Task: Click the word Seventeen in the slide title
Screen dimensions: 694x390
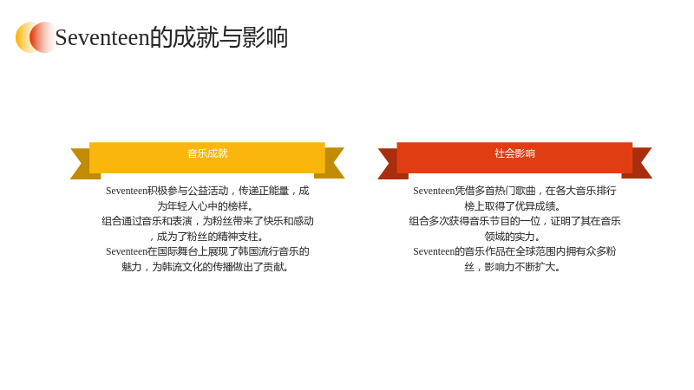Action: [102, 37]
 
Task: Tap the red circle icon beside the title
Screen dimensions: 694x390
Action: [43, 37]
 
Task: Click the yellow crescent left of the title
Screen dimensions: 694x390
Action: [23, 37]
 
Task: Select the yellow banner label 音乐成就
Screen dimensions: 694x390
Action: [207, 153]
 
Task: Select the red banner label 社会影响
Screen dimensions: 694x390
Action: [514, 153]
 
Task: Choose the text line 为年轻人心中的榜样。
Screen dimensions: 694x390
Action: [206, 206]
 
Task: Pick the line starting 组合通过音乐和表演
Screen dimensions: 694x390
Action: [207, 221]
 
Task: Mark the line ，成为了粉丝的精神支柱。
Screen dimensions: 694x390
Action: [206, 237]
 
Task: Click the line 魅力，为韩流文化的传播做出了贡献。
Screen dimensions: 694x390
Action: [206, 267]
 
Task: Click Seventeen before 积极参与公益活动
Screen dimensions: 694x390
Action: [126, 191]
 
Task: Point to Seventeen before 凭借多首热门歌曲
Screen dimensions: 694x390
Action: [434, 191]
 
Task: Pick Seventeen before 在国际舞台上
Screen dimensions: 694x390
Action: [126, 251]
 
